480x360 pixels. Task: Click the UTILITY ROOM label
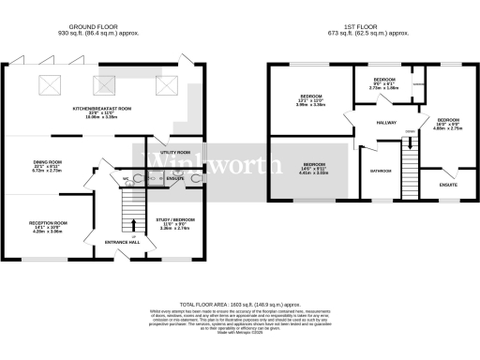[175, 152]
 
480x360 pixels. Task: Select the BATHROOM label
[380, 171]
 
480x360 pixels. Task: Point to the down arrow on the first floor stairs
[409, 142]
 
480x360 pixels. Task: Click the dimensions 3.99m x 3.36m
[312, 106]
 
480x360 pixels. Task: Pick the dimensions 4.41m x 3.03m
[312, 173]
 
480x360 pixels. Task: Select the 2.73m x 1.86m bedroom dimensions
[386, 87]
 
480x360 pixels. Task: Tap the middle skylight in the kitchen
[102, 85]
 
